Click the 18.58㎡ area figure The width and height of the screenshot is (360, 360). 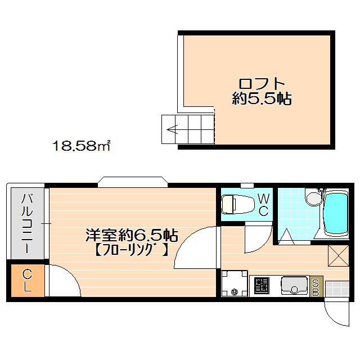pyautogui.click(x=81, y=147)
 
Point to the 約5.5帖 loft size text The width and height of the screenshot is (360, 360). pyautogui.click(x=262, y=100)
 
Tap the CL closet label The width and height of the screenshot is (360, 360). pyautogui.click(x=27, y=281)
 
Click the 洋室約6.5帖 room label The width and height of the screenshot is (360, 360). pyautogui.click(x=132, y=233)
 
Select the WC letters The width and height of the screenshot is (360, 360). pyautogui.click(x=263, y=205)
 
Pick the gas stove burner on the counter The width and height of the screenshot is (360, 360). pyautogui.click(x=262, y=286)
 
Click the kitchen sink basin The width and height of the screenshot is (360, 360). pyautogui.click(x=294, y=286)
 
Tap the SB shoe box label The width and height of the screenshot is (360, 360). pyautogui.click(x=316, y=286)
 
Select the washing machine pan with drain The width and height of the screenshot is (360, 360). pyautogui.click(x=234, y=283)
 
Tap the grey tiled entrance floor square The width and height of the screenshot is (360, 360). pyautogui.click(x=337, y=288)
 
